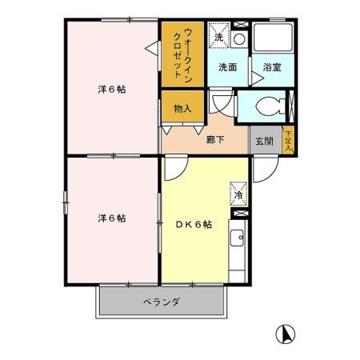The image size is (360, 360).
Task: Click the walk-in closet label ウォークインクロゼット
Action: (x=182, y=52)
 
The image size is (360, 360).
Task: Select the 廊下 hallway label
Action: (x=214, y=139)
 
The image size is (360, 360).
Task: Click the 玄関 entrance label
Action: (x=264, y=140)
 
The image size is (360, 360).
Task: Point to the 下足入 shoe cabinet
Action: (x=288, y=139)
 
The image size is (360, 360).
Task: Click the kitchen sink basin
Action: (x=238, y=238)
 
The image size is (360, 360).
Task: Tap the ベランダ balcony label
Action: (x=162, y=302)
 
